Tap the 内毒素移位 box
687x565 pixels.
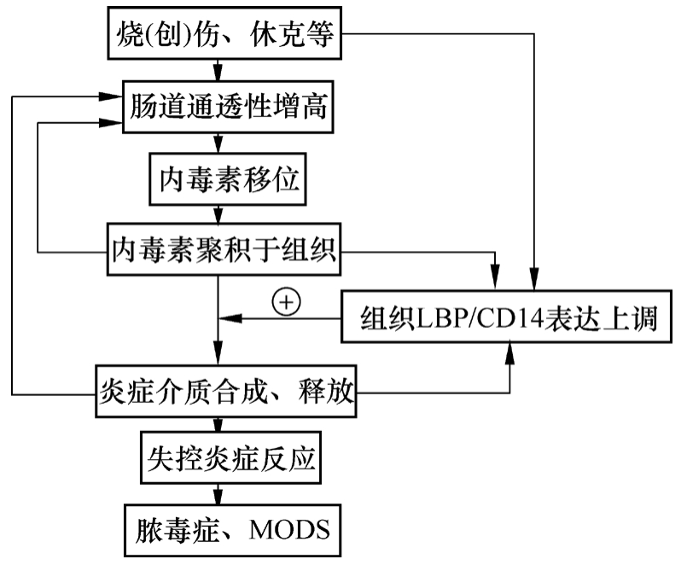(x=225, y=179)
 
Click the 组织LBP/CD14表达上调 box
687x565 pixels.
(x=511, y=318)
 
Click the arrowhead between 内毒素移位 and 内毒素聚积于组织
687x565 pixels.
(x=220, y=217)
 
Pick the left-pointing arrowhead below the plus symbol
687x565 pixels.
(x=229, y=318)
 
